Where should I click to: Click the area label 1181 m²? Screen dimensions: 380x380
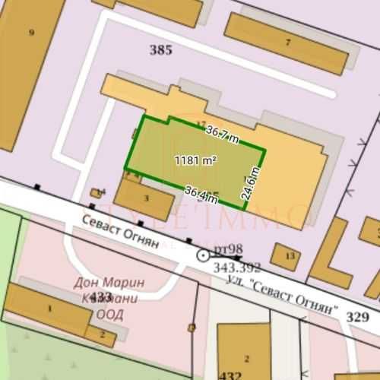[195, 161]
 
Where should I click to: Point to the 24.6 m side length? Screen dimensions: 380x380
[248, 183]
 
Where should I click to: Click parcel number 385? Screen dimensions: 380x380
[161, 51]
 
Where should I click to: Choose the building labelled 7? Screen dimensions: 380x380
[287, 42]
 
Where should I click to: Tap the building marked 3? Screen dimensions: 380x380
[147, 198]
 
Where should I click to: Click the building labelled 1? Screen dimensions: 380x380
[49, 309]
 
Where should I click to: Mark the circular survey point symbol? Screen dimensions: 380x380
[203, 255]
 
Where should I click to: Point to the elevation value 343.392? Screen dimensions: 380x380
[237, 267]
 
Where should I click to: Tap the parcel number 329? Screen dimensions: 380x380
[356, 317]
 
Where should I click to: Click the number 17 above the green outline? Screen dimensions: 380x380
[201, 124]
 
